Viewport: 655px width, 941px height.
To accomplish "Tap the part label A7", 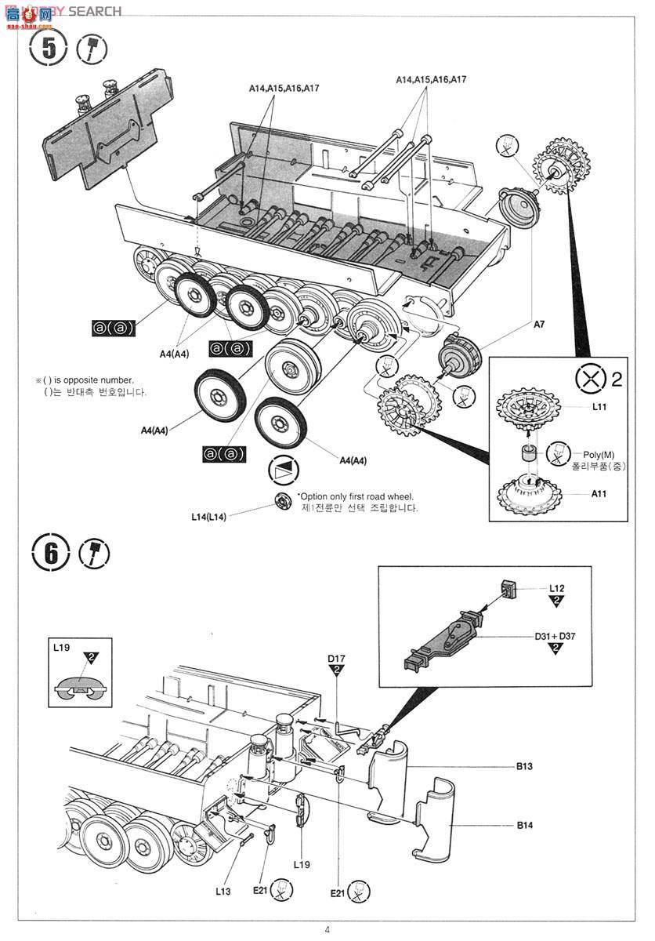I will [539, 323].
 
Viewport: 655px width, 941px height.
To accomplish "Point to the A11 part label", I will [599, 494].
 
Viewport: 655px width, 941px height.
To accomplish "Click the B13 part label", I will [524, 766].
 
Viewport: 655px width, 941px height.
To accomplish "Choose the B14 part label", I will [524, 825].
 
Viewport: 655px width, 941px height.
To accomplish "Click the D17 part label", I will [336, 657].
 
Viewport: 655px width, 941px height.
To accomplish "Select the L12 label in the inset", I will [556, 587].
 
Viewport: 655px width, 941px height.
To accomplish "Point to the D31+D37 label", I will [555, 636].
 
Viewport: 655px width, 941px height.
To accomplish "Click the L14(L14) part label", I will [208, 517].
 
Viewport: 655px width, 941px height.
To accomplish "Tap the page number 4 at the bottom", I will [327, 931].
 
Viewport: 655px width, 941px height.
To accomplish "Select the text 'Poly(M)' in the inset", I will [599, 455].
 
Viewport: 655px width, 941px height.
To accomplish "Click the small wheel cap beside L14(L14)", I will [283, 501].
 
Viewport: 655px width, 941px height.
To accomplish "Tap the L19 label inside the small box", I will [62, 649].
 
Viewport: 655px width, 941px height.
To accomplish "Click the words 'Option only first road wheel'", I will [356, 496].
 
